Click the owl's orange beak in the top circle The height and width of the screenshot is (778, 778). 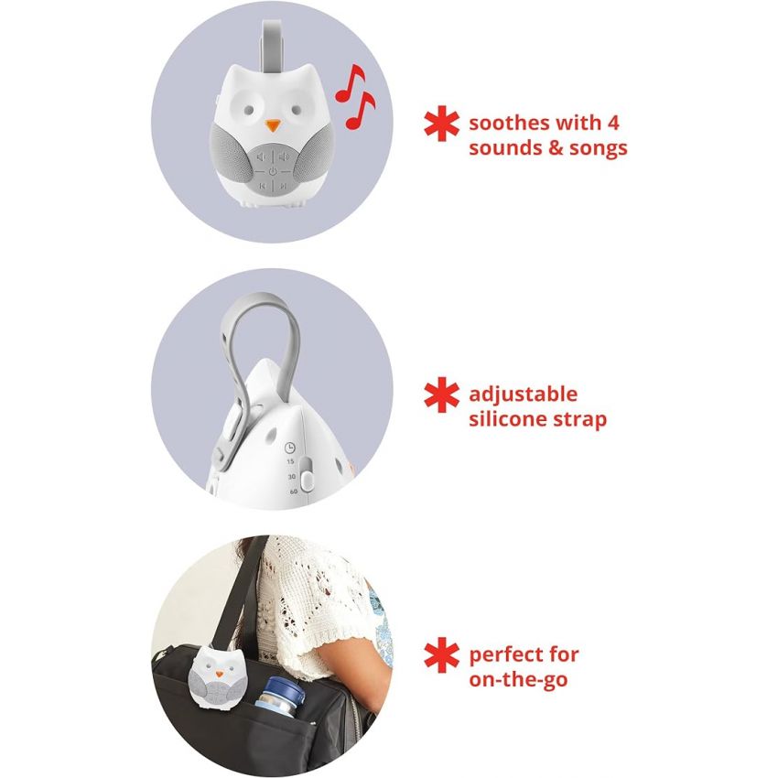(272, 123)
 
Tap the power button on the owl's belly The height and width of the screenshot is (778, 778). (272, 171)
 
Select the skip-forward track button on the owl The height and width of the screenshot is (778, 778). (284, 186)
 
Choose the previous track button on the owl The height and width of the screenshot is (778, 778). (261, 186)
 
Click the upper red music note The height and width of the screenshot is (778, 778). (349, 81)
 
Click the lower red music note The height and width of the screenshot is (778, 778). (360, 108)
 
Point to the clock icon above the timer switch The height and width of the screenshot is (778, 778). (290, 448)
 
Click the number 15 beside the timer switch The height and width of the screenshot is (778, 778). (290, 462)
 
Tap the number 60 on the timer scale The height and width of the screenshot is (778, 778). (293, 492)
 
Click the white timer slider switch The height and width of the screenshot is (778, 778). (307, 478)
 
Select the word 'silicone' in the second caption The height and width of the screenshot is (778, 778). (509, 420)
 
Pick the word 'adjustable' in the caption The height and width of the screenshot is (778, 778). (524, 395)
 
